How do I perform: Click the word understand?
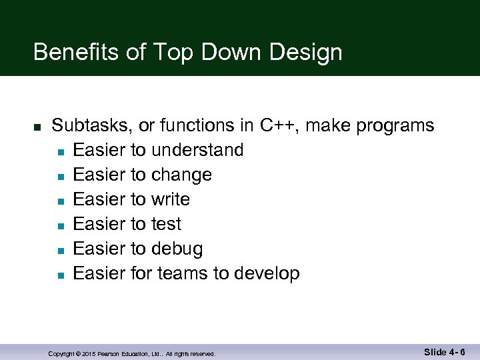coord(197,150)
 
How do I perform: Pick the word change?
coord(181,175)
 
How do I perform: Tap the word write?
coord(171,199)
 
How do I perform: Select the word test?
coord(166,224)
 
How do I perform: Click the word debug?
coord(177,249)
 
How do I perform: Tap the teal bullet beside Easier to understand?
coord(60,151)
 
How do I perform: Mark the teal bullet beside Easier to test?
coord(60,225)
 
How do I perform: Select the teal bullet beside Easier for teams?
coord(60,275)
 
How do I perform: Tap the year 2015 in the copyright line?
coord(90,354)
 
